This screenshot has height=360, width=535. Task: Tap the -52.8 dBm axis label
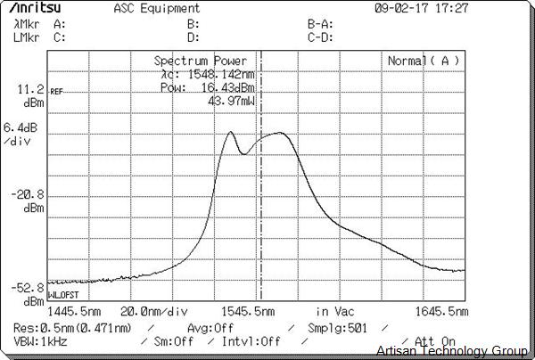[x=25, y=293]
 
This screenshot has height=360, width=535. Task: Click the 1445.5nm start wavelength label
[x=72, y=311]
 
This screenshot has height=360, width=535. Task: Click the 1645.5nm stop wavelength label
[x=441, y=311]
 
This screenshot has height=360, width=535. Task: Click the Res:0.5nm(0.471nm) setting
[x=73, y=327]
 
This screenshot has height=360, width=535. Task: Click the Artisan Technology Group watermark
[x=453, y=351]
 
